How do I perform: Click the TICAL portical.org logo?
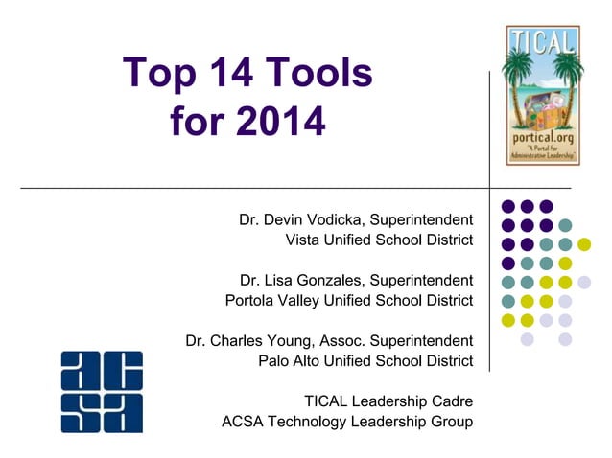[543, 95]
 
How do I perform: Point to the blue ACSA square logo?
[102, 391]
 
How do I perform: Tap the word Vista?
[306, 239]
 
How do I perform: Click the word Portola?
[250, 300]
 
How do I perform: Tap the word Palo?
[275, 360]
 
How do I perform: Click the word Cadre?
[451, 401]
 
